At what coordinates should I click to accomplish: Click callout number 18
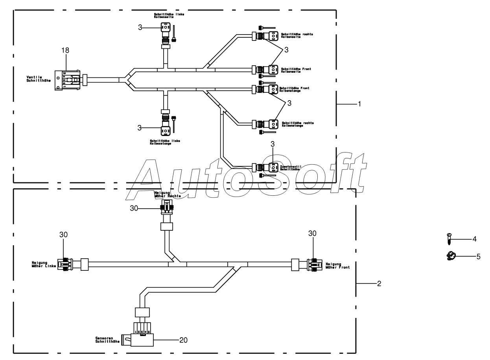click(65, 50)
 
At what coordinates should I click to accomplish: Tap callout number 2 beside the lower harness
click(378, 283)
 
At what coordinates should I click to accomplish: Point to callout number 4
click(475, 239)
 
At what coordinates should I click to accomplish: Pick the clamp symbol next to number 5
click(450, 256)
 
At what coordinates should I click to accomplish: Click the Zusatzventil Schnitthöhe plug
click(273, 167)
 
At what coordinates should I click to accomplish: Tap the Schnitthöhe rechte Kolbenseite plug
click(273, 36)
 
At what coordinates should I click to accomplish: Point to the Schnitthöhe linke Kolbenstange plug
click(166, 129)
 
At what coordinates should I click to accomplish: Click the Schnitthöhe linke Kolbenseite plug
click(165, 28)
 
